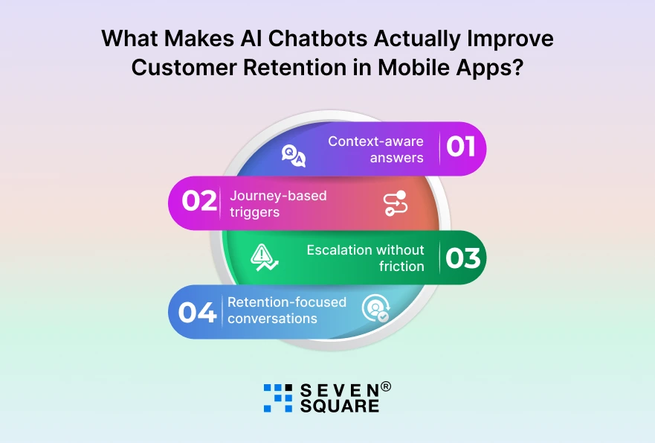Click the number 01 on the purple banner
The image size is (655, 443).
pyautogui.click(x=461, y=147)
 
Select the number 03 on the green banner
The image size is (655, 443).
pyautogui.click(x=462, y=258)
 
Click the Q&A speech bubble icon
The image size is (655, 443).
pyautogui.click(x=293, y=156)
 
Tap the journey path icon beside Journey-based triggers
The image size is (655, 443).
pyautogui.click(x=394, y=204)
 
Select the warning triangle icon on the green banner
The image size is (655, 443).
pyautogui.click(x=265, y=257)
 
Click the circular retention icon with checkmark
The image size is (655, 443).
pyautogui.click(x=375, y=309)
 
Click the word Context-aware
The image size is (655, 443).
pyautogui.click(x=375, y=141)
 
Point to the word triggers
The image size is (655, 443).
pyautogui.click(x=254, y=212)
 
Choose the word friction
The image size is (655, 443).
pyautogui.click(x=401, y=267)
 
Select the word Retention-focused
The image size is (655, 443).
pyautogui.click(x=286, y=302)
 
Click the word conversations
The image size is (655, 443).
pyautogui.click(x=272, y=319)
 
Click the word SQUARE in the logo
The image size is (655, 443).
pyautogui.click(x=339, y=406)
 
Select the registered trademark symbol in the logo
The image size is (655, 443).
pyautogui.click(x=386, y=386)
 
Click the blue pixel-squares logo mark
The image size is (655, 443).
pyautogui.click(x=278, y=398)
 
